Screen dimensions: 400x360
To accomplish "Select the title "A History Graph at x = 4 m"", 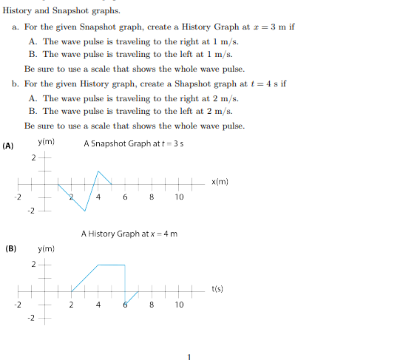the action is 129,234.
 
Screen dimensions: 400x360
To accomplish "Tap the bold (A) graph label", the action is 9,146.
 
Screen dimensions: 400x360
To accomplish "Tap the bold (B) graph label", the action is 11,248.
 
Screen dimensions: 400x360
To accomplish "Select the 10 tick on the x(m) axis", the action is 179,197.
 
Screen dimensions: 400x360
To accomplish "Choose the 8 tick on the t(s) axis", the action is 152,304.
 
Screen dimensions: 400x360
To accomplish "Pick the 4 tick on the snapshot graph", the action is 98,197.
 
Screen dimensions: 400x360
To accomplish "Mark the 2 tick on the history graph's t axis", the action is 71,304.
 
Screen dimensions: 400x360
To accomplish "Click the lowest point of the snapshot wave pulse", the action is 85,210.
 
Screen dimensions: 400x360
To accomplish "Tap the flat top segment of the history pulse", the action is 111,264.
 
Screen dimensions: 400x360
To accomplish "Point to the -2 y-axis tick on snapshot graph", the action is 31,211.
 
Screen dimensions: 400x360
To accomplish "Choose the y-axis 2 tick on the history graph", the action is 33,264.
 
